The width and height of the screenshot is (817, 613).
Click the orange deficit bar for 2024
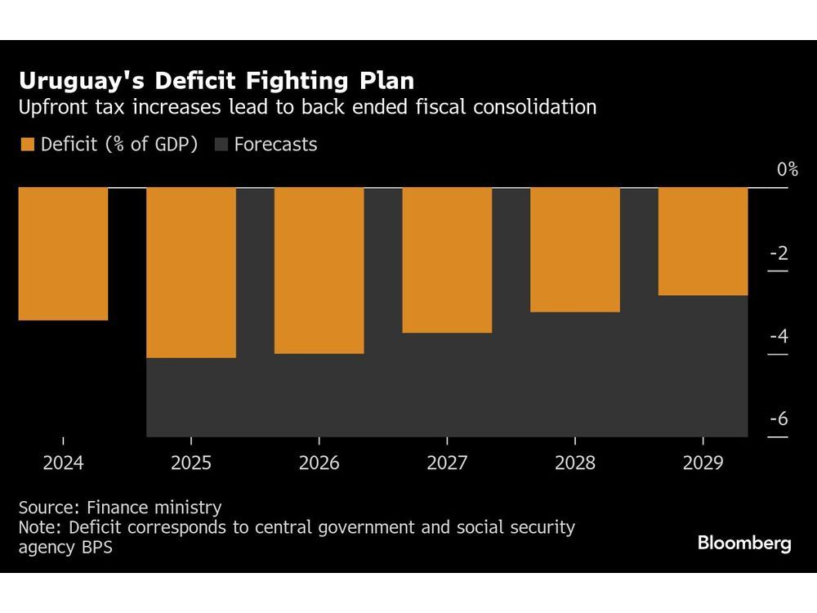click(63, 253)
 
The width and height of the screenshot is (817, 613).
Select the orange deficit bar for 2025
click(191, 272)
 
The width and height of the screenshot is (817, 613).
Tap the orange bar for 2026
click(319, 271)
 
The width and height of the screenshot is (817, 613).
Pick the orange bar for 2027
click(447, 260)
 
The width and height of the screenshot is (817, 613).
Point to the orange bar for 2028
click(575, 249)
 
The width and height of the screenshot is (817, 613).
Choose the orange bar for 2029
click(703, 241)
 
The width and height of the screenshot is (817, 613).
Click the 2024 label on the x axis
click(63, 463)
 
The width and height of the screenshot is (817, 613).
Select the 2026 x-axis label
click(319, 463)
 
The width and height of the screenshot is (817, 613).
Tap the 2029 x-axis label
click(703, 463)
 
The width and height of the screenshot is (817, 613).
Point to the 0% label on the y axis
click(787, 169)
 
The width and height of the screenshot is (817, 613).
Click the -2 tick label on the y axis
click(779, 253)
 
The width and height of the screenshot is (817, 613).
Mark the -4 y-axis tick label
click(779, 336)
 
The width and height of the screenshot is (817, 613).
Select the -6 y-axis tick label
click(779, 419)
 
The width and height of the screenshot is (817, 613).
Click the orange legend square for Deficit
click(27, 145)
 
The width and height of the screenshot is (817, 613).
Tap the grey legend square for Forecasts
click(221, 145)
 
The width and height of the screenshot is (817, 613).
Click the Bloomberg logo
click(744, 544)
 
